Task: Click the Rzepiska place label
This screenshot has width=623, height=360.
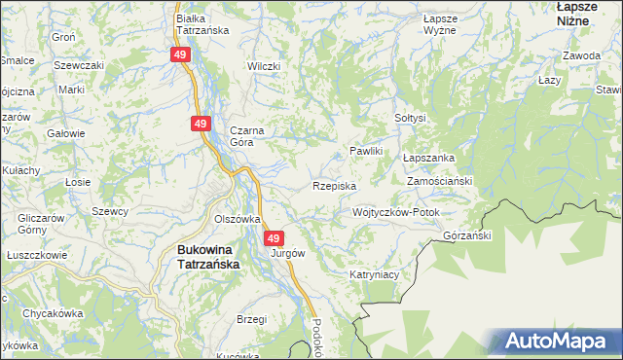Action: coord(334,185)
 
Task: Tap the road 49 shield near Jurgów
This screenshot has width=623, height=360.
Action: coord(274,238)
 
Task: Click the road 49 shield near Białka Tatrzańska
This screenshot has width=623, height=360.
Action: coord(180,55)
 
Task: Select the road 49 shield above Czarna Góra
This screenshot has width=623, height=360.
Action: coord(200,124)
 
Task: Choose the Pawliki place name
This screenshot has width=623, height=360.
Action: coord(369,152)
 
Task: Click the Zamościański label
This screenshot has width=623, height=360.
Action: coord(439,182)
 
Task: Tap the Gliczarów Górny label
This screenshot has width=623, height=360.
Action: coord(40,224)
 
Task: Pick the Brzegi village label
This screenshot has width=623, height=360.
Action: coord(252,318)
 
